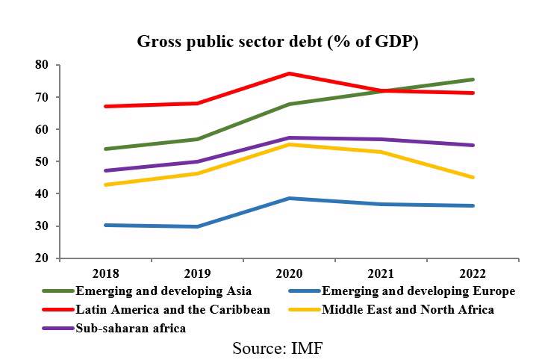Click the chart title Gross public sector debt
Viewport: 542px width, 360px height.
click(278, 42)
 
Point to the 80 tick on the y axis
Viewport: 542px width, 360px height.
click(42, 65)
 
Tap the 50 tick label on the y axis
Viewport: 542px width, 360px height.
click(42, 161)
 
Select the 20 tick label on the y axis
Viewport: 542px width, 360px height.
click(42, 258)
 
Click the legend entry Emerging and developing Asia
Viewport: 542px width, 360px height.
click(163, 291)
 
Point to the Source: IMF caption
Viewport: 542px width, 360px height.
click(278, 348)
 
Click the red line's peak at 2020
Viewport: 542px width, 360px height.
click(289, 73)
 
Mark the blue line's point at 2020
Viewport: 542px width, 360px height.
click(289, 198)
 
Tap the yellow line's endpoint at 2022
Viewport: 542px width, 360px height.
click(473, 178)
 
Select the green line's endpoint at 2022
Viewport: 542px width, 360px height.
click(473, 79)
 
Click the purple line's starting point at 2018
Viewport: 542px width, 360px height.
click(106, 170)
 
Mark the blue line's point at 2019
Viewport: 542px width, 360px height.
click(197, 226)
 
